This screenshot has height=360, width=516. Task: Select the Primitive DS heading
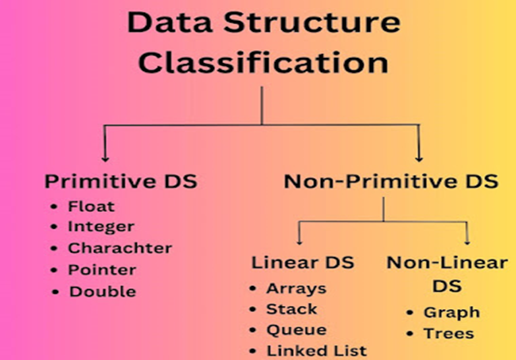[x=121, y=181]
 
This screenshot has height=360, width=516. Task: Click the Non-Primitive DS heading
[x=391, y=181]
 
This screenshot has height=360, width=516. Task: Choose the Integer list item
[x=101, y=227]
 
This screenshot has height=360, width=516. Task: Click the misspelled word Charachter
[x=119, y=248]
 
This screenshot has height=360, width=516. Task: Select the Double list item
[x=102, y=291]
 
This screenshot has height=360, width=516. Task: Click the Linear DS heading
[x=302, y=262]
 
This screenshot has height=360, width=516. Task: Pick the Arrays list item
[x=296, y=288]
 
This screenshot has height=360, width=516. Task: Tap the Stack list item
[x=291, y=309]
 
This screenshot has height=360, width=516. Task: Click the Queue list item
[x=296, y=330]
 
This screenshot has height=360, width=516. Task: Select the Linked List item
[x=316, y=351]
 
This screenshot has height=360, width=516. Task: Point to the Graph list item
[x=451, y=312]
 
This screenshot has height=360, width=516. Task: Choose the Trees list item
[x=448, y=333]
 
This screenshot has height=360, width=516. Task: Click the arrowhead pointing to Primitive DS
[x=104, y=157]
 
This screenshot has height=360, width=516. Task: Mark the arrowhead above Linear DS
[x=300, y=241]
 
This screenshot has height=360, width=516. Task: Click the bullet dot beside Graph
[x=410, y=313]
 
